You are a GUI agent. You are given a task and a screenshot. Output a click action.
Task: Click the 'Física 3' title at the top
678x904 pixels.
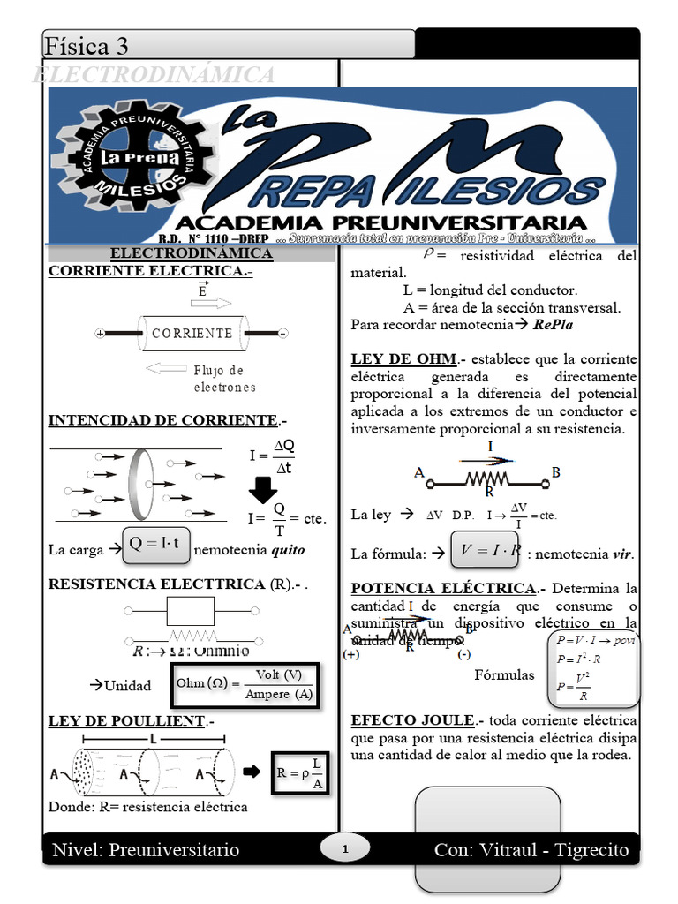click(87, 45)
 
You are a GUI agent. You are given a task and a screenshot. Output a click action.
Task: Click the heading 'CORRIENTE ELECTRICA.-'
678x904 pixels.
click(150, 271)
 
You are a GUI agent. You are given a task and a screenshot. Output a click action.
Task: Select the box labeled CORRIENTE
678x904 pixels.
click(192, 334)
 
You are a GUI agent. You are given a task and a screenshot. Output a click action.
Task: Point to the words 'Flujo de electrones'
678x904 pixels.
click(224, 378)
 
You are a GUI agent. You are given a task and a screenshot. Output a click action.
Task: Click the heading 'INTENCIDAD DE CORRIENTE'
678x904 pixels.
click(162, 419)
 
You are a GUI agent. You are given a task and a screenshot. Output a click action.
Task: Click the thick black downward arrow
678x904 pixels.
click(263, 489)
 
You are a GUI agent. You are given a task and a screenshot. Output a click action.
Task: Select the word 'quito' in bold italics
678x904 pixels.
click(288, 550)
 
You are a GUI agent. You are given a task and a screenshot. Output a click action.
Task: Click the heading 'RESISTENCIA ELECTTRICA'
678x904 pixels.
click(156, 584)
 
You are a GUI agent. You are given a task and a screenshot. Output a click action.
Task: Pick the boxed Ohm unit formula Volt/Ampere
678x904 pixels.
click(243, 685)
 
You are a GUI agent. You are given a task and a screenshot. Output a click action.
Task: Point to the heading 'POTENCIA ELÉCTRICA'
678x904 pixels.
click(443, 588)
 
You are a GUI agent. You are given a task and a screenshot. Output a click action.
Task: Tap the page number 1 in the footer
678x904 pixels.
click(345, 850)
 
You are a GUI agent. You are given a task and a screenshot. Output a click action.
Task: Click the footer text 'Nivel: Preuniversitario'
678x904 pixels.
click(146, 850)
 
